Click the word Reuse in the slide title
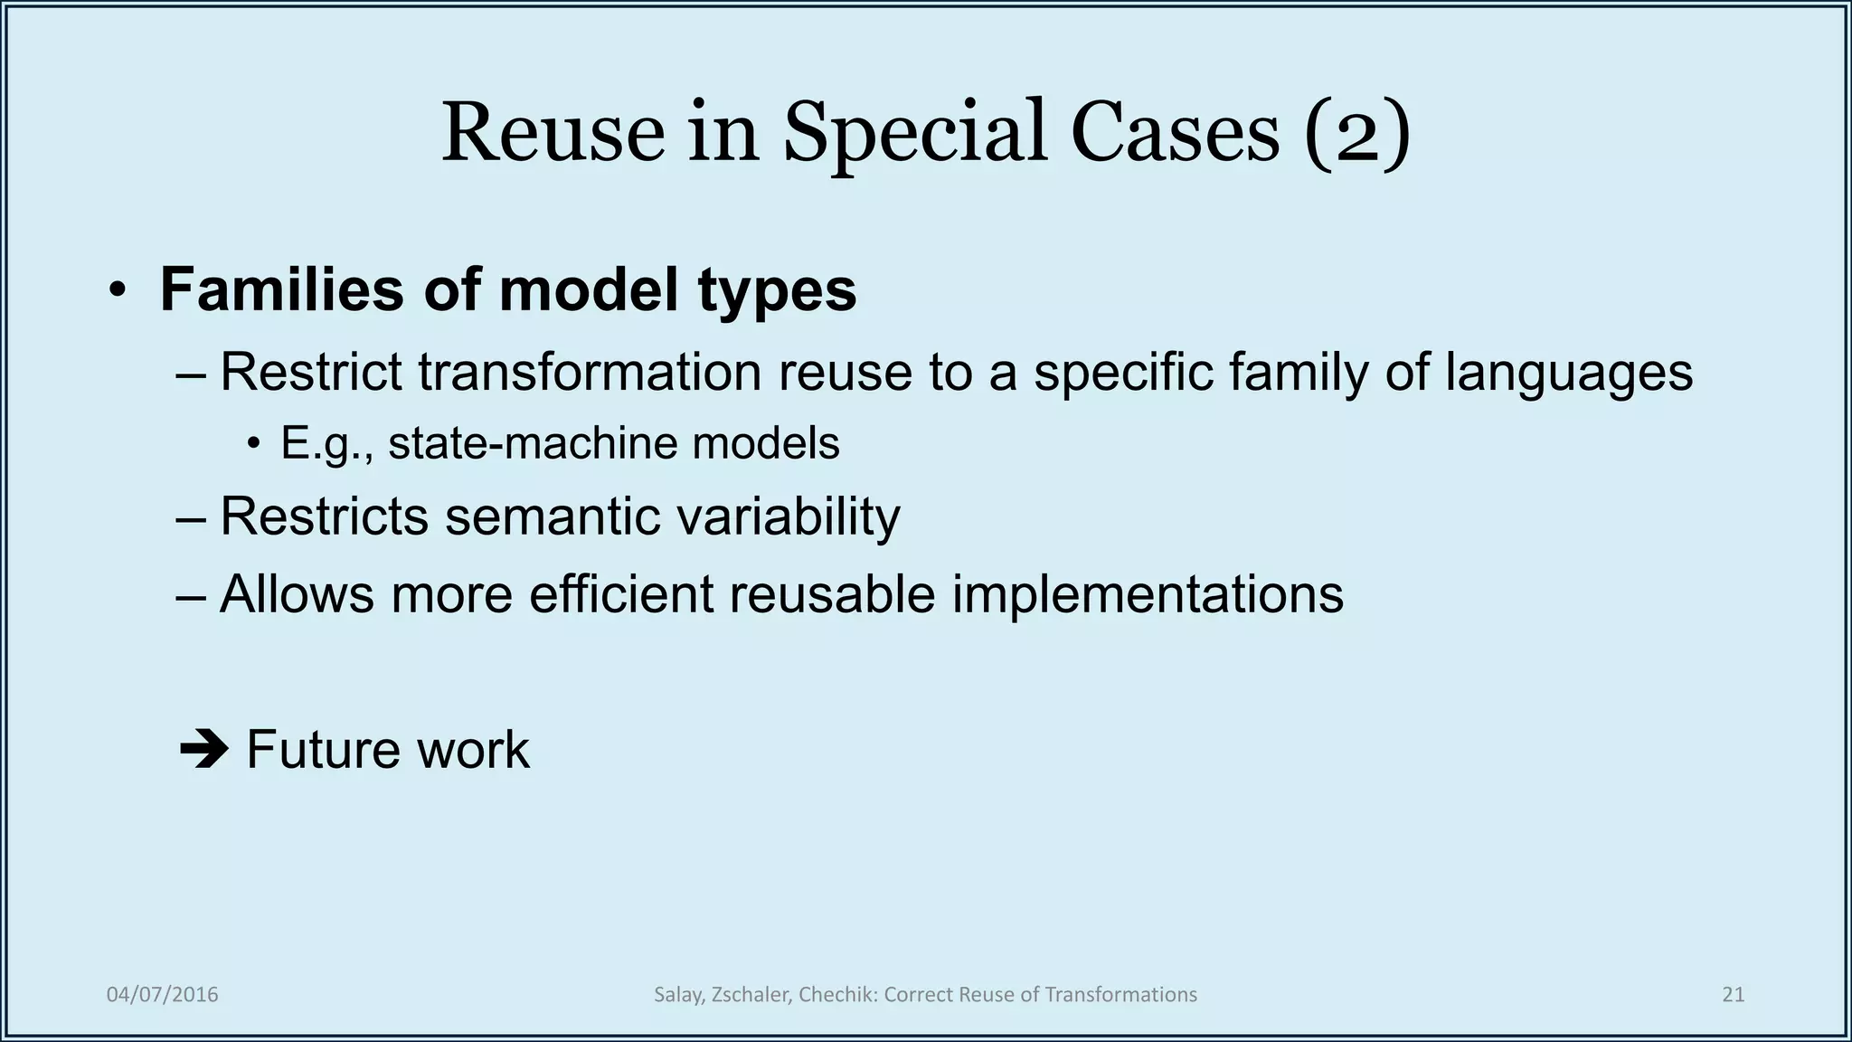coord(553,133)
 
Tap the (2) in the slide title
coord(1356,133)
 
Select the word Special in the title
coord(914,133)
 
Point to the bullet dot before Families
coord(117,291)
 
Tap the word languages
coord(1568,372)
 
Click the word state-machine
coord(534,444)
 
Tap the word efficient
coord(621,594)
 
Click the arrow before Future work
coord(204,750)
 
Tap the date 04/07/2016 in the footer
coord(163,995)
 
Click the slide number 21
coord(1733,995)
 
